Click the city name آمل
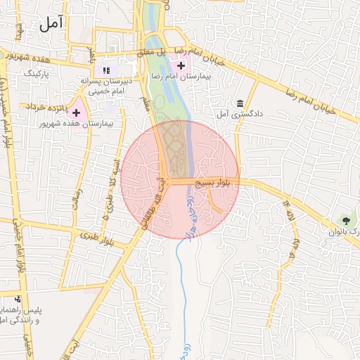click(51, 23)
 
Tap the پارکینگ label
click(38, 72)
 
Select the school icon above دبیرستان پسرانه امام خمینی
click(107, 70)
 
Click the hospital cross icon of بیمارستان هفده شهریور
click(76, 112)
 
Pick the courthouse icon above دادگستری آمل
click(240, 103)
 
